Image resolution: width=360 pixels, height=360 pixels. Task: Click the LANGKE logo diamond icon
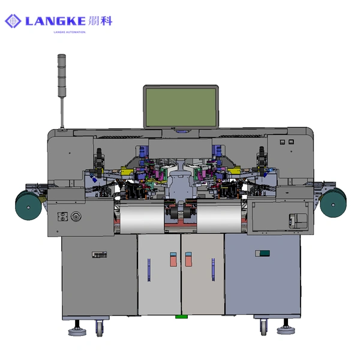13,22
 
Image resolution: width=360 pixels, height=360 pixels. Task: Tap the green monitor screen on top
181,106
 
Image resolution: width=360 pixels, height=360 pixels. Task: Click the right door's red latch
188,261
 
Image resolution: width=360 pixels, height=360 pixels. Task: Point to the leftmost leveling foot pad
76,330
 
